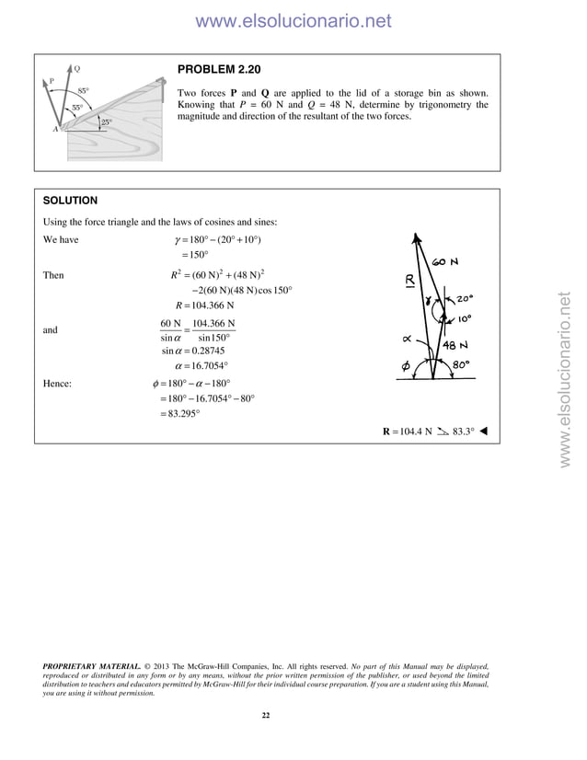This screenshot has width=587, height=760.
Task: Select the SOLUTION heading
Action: (71, 201)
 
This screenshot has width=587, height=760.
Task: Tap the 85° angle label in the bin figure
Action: (83, 91)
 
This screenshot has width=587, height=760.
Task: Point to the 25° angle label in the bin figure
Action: (107, 121)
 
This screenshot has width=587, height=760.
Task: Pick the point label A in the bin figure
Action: (55, 130)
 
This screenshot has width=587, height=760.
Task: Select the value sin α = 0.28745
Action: (193, 350)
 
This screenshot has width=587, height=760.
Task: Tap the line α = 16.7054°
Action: (193, 365)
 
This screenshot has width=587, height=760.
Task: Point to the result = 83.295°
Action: (179, 413)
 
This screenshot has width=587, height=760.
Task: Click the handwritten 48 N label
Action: (457, 346)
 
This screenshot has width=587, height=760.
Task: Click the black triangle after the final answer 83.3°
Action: (484, 431)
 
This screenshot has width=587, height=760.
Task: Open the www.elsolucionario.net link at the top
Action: (293, 20)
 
